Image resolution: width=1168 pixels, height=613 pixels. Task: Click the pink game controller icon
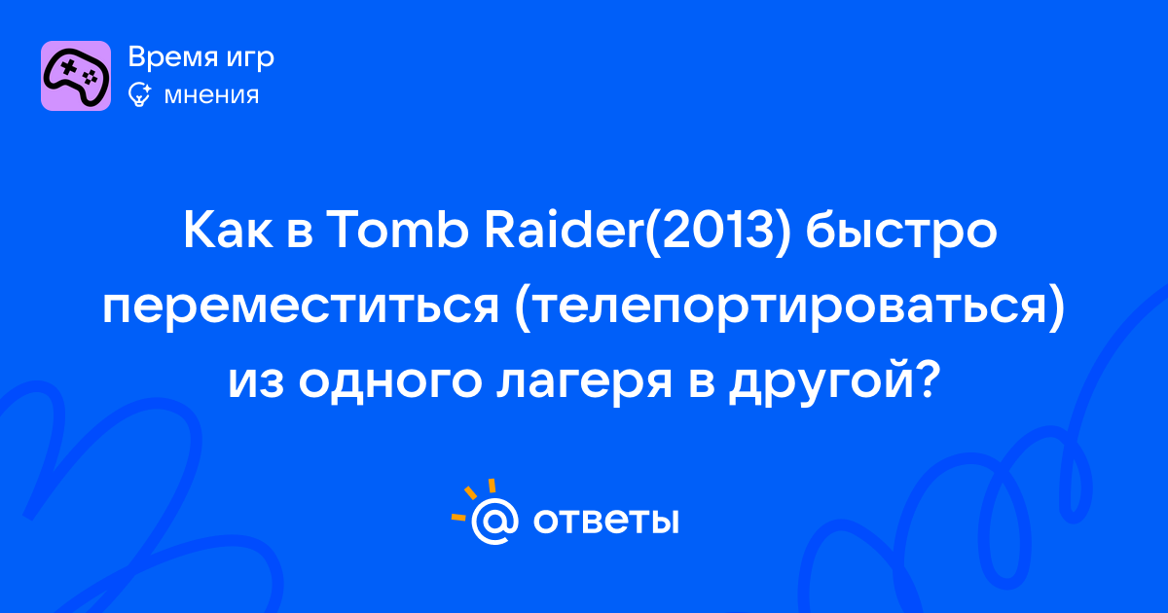(76, 76)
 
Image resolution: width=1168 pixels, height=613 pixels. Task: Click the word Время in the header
(172, 56)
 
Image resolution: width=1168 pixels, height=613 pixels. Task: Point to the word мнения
(211, 96)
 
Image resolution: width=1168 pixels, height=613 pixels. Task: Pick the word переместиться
(301, 307)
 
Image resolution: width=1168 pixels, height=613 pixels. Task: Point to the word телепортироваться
(787, 308)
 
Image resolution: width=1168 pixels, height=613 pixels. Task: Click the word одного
(390, 382)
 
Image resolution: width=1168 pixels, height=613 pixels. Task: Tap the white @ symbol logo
(494, 521)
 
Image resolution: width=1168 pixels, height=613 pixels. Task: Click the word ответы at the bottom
(605, 522)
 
